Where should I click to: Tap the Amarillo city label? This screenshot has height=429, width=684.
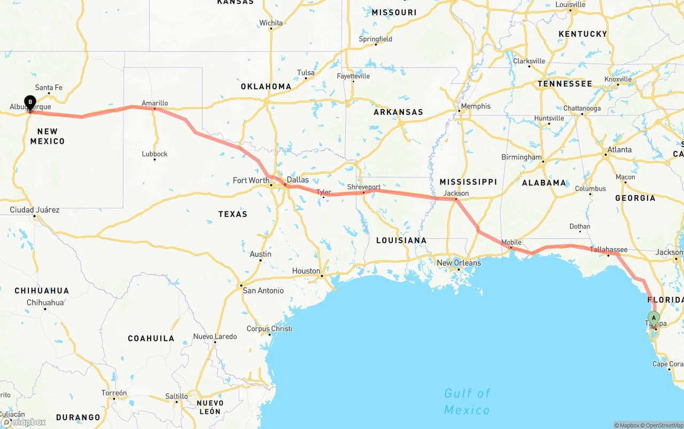[x=154, y=103]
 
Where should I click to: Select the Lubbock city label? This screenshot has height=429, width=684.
[x=154, y=154]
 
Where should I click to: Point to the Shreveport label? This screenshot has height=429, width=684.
[x=363, y=187]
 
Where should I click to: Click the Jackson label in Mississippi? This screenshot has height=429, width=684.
[x=456, y=193]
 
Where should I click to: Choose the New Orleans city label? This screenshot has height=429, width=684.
[x=458, y=263]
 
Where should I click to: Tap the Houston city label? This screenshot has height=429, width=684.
[x=306, y=271]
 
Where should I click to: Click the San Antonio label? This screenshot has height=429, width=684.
[x=263, y=291]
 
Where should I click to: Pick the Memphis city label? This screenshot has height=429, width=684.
[x=475, y=106]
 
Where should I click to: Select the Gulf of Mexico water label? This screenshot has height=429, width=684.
[x=467, y=402]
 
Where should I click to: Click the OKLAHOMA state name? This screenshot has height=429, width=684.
[x=266, y=87]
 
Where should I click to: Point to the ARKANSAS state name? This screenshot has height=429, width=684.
[x=398, y=112]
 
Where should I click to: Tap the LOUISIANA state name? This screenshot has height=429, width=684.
[x=401, y=240]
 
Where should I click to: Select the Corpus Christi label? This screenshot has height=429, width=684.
[x=269, y=329]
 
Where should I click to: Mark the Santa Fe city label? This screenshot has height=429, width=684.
[x=49, y=88]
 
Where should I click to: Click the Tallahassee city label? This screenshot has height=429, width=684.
[x=609, y=249]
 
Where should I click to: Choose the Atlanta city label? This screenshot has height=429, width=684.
[x=619, y=150]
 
